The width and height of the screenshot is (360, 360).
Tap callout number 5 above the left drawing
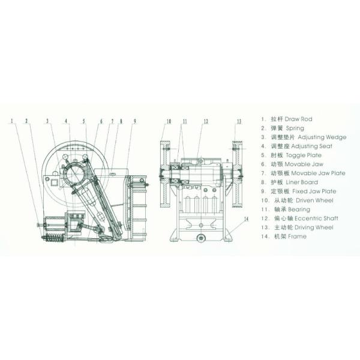tap(85, 121)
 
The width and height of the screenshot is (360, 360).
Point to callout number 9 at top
tap(135, 121)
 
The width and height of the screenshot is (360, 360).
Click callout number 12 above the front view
tap(205, 121)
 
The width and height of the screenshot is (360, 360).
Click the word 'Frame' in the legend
tap(296, 236)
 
